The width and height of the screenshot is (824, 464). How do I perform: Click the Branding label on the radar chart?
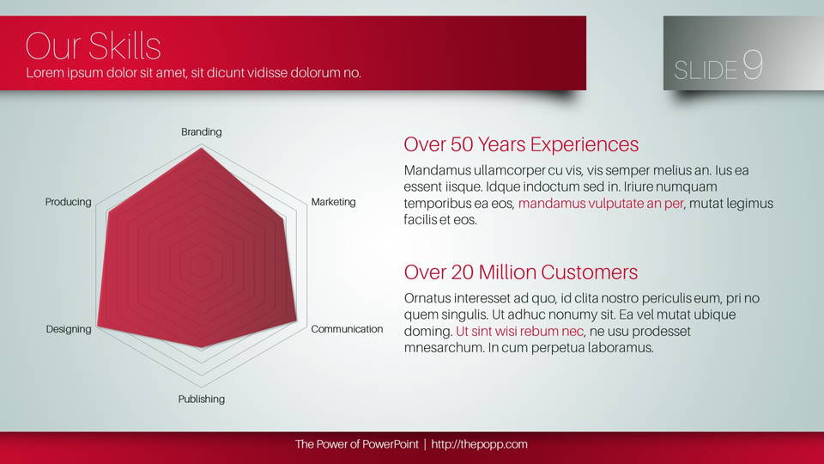pos(201,132)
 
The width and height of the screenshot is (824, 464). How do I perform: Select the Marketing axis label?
pos(333,202)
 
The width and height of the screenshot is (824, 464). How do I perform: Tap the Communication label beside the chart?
pos(347,329)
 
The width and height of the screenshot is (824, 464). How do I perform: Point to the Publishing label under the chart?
pos(201,400)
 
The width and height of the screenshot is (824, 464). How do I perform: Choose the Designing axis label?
pos(69,329)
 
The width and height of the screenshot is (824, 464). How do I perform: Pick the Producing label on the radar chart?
pos(69,202)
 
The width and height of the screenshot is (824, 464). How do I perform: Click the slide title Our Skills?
pos(93,46)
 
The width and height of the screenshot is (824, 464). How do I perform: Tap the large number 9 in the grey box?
pos(753,64)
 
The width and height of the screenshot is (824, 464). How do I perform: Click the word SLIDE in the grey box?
pos(706,70)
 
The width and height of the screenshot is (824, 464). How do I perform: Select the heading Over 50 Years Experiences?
pos(521,144)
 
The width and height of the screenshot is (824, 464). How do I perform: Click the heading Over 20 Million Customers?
pos(521,272)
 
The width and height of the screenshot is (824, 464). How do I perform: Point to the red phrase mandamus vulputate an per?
pos(601,204)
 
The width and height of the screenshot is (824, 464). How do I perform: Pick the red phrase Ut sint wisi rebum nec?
pos(519,332)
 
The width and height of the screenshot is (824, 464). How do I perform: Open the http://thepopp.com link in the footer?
pos(479,444)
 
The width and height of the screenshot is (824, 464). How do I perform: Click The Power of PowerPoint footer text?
pos(357,444)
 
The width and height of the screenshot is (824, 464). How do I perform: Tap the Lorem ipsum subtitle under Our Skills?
pos(193,72)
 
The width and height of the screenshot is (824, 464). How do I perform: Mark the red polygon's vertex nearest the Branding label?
pos(201,149)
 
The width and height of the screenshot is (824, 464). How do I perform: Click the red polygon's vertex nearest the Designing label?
pos(98,327)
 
